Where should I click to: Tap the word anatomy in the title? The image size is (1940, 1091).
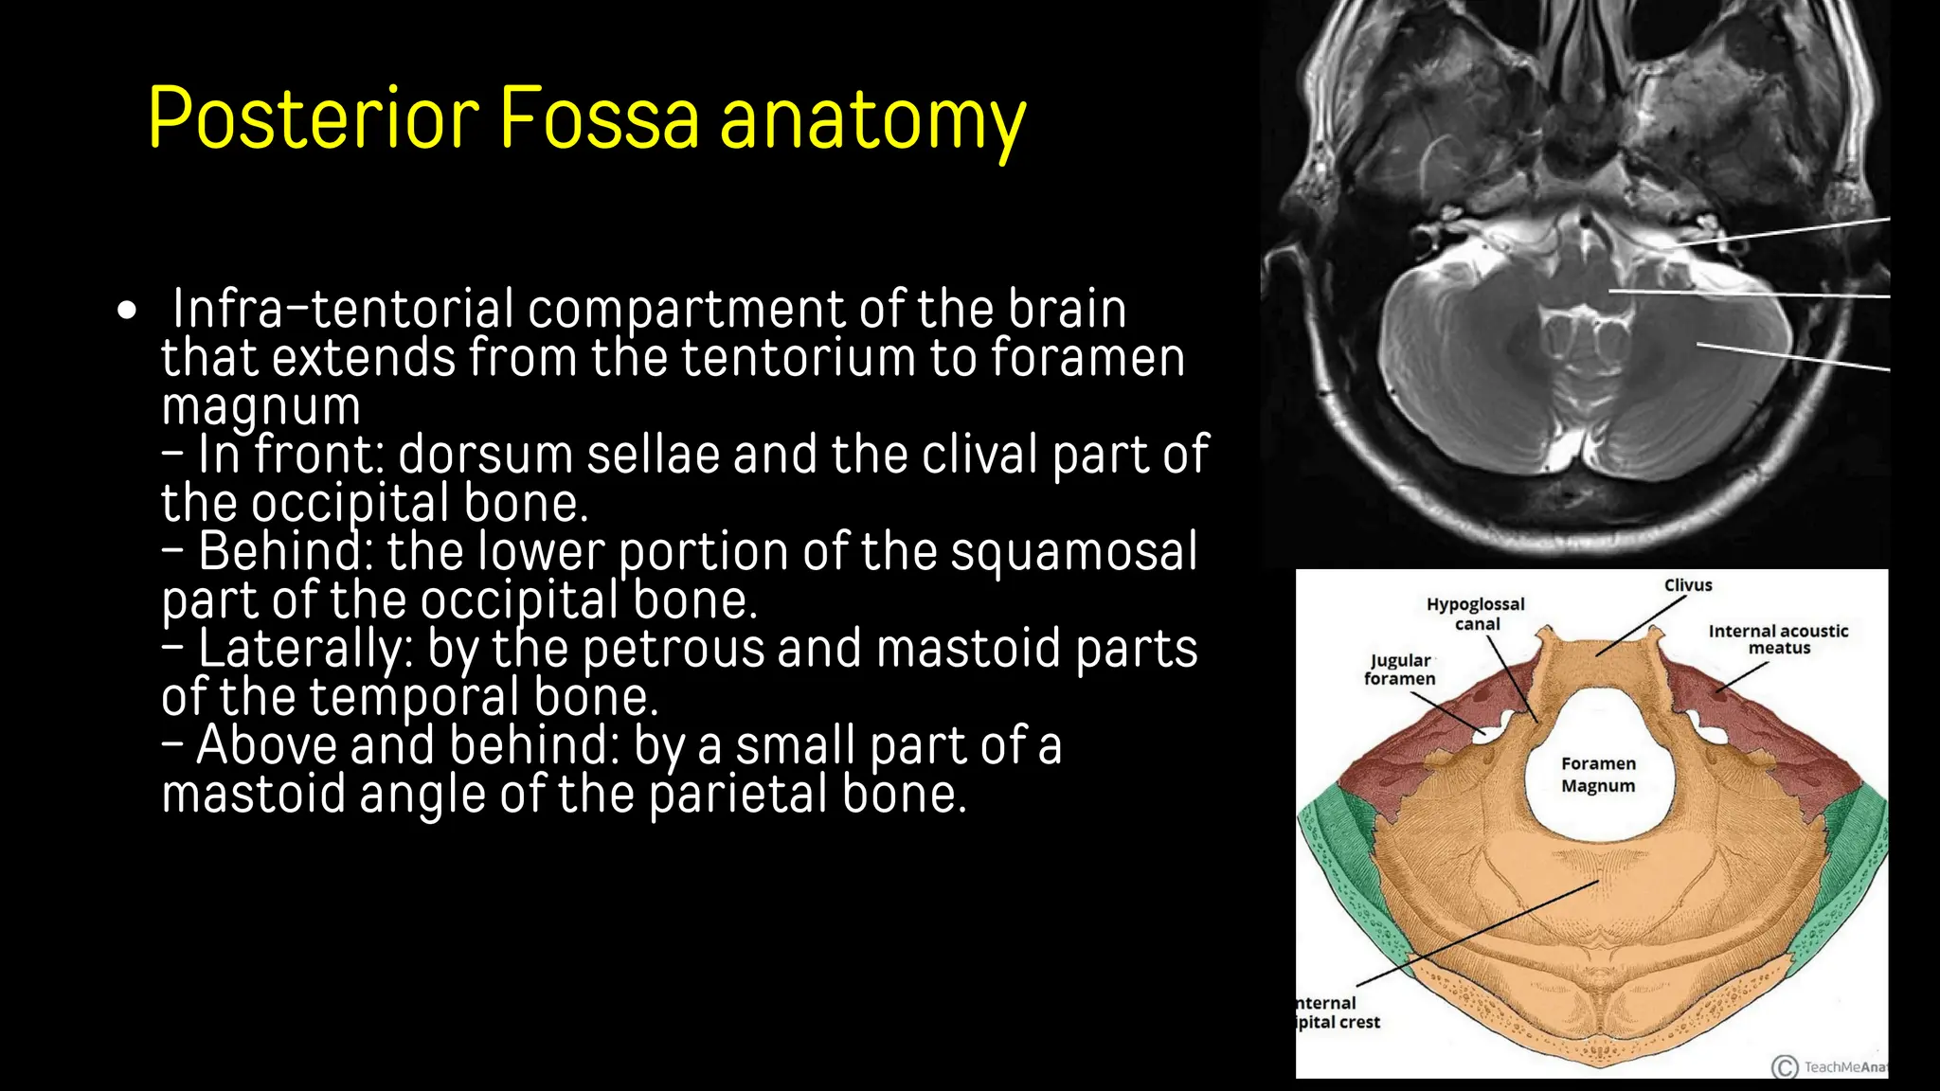tap(872, 121)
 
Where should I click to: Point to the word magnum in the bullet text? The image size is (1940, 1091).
tap(260, 407)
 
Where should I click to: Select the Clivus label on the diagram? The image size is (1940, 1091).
tap(1688, 585)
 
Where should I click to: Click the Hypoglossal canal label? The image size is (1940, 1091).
tap(1476, 614)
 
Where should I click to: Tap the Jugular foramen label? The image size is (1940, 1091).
tap(1400, 669)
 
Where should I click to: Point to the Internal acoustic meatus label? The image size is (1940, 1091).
tap(1778, 639)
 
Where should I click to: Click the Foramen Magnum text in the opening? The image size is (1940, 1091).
tap(1598, 775)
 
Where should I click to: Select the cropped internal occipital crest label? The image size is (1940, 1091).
tap(1337, 1012)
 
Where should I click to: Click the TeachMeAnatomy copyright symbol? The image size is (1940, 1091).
tap(1785, 1067)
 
